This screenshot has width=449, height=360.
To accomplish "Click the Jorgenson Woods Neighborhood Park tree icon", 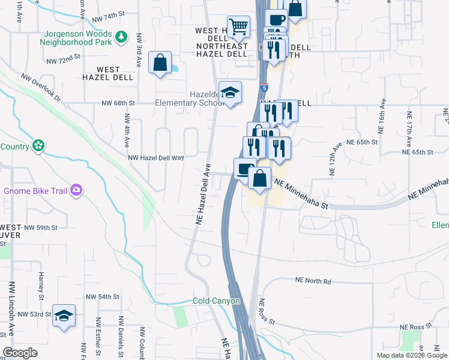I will coord(122,38).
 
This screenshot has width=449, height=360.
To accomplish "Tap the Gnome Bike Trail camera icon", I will coord(76,191).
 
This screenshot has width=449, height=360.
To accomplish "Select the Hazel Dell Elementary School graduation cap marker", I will coord(230,93).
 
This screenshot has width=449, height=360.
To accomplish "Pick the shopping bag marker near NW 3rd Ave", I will coord(160,62).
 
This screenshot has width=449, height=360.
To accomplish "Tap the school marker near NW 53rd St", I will coord(64,316).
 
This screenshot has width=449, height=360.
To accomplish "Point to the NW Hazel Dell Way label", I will coord(156,157).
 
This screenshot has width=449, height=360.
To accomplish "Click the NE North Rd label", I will coord(313,281).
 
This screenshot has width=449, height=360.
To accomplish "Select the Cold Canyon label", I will coord(216,301).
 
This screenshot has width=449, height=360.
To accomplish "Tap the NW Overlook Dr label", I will coord(41,88).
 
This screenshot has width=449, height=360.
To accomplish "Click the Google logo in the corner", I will coord(20,353).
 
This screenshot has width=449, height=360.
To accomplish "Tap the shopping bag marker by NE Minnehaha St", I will coord(259,178).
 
